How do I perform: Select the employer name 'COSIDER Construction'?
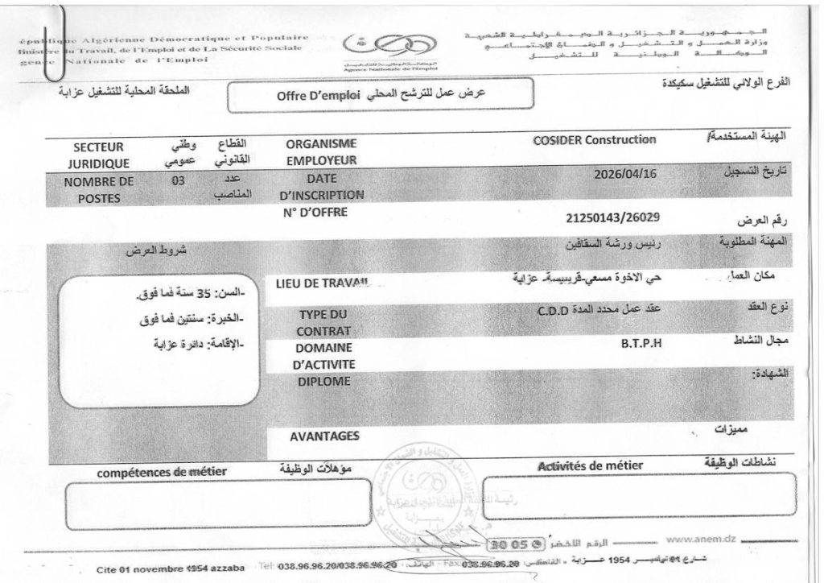click(595, 140)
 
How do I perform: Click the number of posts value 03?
click(178, 181)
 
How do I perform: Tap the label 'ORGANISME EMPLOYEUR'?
click(320, 151)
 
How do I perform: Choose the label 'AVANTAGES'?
click(323, 436)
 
